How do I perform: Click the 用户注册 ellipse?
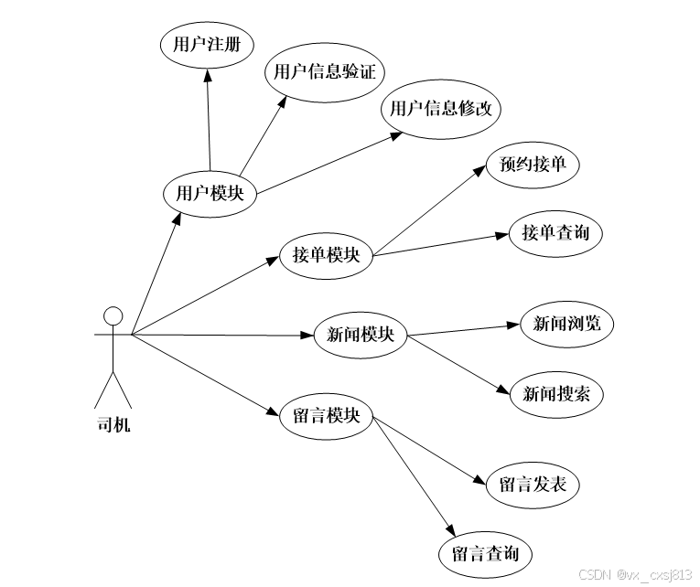(206, 44)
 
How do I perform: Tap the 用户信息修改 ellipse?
(440, 109)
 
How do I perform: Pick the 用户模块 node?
(209, 193)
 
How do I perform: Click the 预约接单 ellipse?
(533, 165)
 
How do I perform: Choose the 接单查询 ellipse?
(555, 233)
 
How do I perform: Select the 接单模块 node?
(326, 255)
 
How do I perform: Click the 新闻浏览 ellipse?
(560, 324)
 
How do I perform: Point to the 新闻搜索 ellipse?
(555, 394)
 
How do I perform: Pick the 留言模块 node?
(326, 415)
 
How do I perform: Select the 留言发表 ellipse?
(533, 484)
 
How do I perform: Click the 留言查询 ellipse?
(485, 554)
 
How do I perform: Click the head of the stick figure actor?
(113, 316)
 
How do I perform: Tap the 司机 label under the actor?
(113, 424)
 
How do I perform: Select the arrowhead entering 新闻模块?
(308, 336)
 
